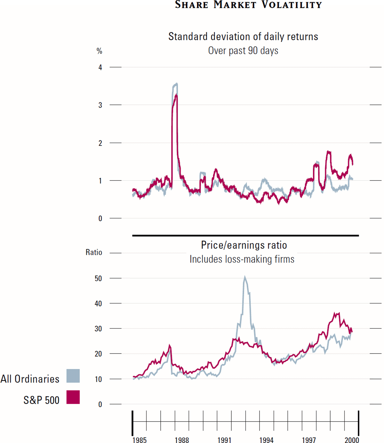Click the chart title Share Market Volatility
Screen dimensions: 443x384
[x=248, y=5]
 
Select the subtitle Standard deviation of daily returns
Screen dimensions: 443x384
[x=243, y=37]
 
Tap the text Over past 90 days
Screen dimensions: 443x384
[x=243, y=51]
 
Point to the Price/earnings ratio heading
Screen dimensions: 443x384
[x=244, y=245]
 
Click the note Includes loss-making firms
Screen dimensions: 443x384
[x=242, y=259]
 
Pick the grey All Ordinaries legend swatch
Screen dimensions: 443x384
[x=73, y=376]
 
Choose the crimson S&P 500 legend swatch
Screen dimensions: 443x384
[x=73, y=397]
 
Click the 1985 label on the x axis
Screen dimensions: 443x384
[x=140, y=440]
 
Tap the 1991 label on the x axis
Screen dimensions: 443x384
[x=224, y=440]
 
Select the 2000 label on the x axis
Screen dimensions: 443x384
[x=352, y=440]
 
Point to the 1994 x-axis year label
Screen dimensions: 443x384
[x=266, y=440]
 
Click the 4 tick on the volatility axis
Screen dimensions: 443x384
[x=100, y=67]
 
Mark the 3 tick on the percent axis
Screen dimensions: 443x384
[x=100, y=105]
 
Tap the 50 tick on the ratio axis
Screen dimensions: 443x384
[x=98, y=279]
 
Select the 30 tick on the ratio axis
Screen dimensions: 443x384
[x=98, y=329]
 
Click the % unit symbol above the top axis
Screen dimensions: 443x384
[x=100, y=51]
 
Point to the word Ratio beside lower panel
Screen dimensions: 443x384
[x=94, y=253]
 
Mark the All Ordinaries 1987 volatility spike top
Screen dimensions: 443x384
[x=176, y=84]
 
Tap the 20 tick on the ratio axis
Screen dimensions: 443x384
[x=98, y=354]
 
